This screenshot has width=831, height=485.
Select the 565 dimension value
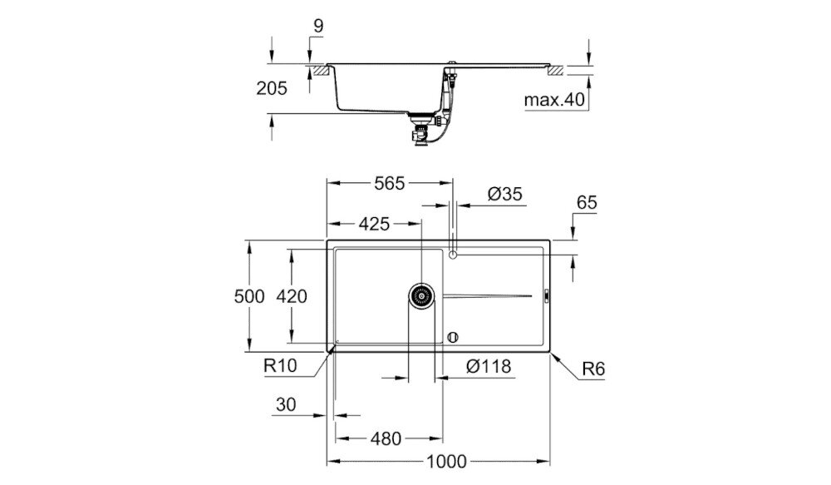click(x=388, y=184)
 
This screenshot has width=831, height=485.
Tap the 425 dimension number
click(x=376, y=224)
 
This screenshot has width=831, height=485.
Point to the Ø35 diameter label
click(x=504, y=194)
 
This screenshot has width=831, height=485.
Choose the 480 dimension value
click(x=385, y=438)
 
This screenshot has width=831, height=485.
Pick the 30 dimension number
click(x=286, y=405)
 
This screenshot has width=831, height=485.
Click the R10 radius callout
click(x=280, y=364)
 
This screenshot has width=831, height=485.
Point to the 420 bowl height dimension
click(x=292, y=296)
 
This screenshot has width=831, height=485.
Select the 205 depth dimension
click(x=271, y=88)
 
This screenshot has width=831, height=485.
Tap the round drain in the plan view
click(x=421, y=295)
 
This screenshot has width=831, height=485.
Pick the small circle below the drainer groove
click(x=452, y=337)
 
